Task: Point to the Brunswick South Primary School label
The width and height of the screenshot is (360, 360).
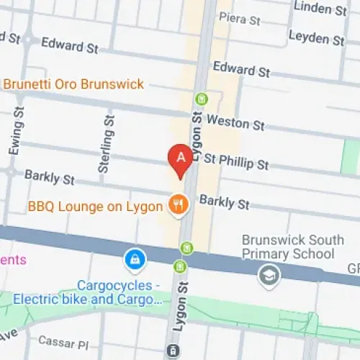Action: tap(288, 246)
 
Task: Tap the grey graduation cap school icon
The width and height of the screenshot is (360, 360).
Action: tap(269, 276)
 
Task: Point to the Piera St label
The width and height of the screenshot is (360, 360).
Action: tap(239, 19)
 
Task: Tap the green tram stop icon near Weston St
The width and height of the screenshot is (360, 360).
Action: tap(201, 99)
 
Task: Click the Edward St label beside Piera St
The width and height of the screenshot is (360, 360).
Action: tap(240, 70)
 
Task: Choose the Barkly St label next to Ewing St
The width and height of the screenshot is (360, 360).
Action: tap(49, 176)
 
